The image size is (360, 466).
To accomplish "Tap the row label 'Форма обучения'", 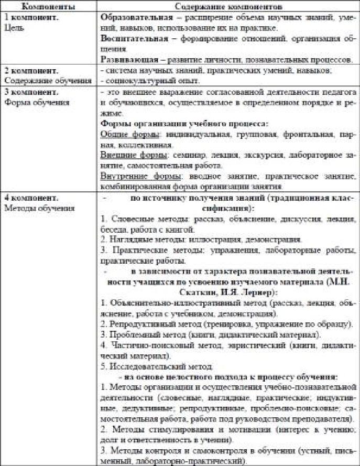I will [30, 101].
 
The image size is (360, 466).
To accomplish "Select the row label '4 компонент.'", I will [29, 198].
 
